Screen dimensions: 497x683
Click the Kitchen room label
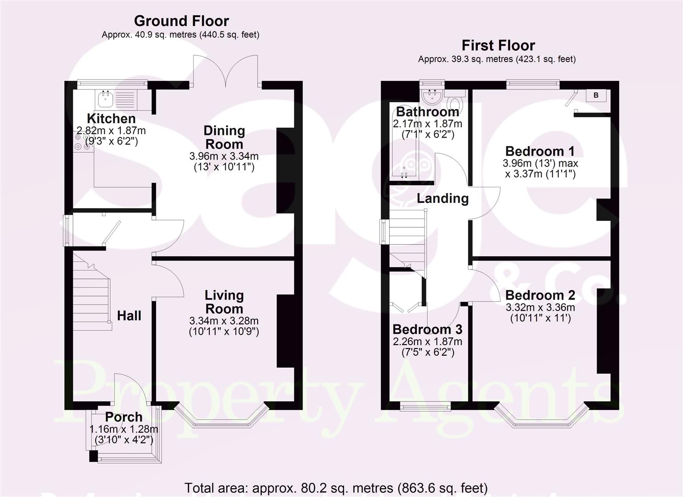point(111,118)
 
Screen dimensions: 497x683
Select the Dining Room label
point(224,137)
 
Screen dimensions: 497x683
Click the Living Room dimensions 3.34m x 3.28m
point(224,320)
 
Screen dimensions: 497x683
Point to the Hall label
point(129,316)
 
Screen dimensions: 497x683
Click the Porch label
point(124,417)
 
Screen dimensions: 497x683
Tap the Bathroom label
point(427,111)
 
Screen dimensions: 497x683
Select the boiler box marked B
point(596,95)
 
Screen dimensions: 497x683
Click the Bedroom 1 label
point(540,151)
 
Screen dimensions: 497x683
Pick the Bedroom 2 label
point(540,295)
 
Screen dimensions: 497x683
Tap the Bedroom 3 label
point(427,329)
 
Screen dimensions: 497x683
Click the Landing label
point(442,198)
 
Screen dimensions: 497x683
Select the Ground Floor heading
point(181,21)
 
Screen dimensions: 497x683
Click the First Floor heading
point(498,46)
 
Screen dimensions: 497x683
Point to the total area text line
point(336,487)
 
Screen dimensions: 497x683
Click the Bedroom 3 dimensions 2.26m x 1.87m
point(427,341)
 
